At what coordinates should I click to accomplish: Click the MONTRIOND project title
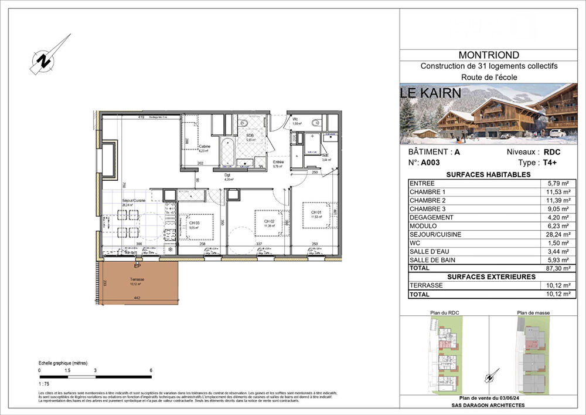coord(492,55)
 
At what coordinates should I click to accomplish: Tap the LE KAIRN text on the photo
coord(431,93)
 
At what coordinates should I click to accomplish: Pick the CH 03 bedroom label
coord(194,224)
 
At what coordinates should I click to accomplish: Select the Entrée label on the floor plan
coord(278,163)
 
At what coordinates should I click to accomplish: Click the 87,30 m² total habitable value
coord(556,268)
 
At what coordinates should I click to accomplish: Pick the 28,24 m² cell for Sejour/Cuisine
coord(556,234)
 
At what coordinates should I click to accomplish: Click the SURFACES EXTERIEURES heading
coord(491,276)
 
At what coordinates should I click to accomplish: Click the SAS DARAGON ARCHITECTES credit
coord(492,406)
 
